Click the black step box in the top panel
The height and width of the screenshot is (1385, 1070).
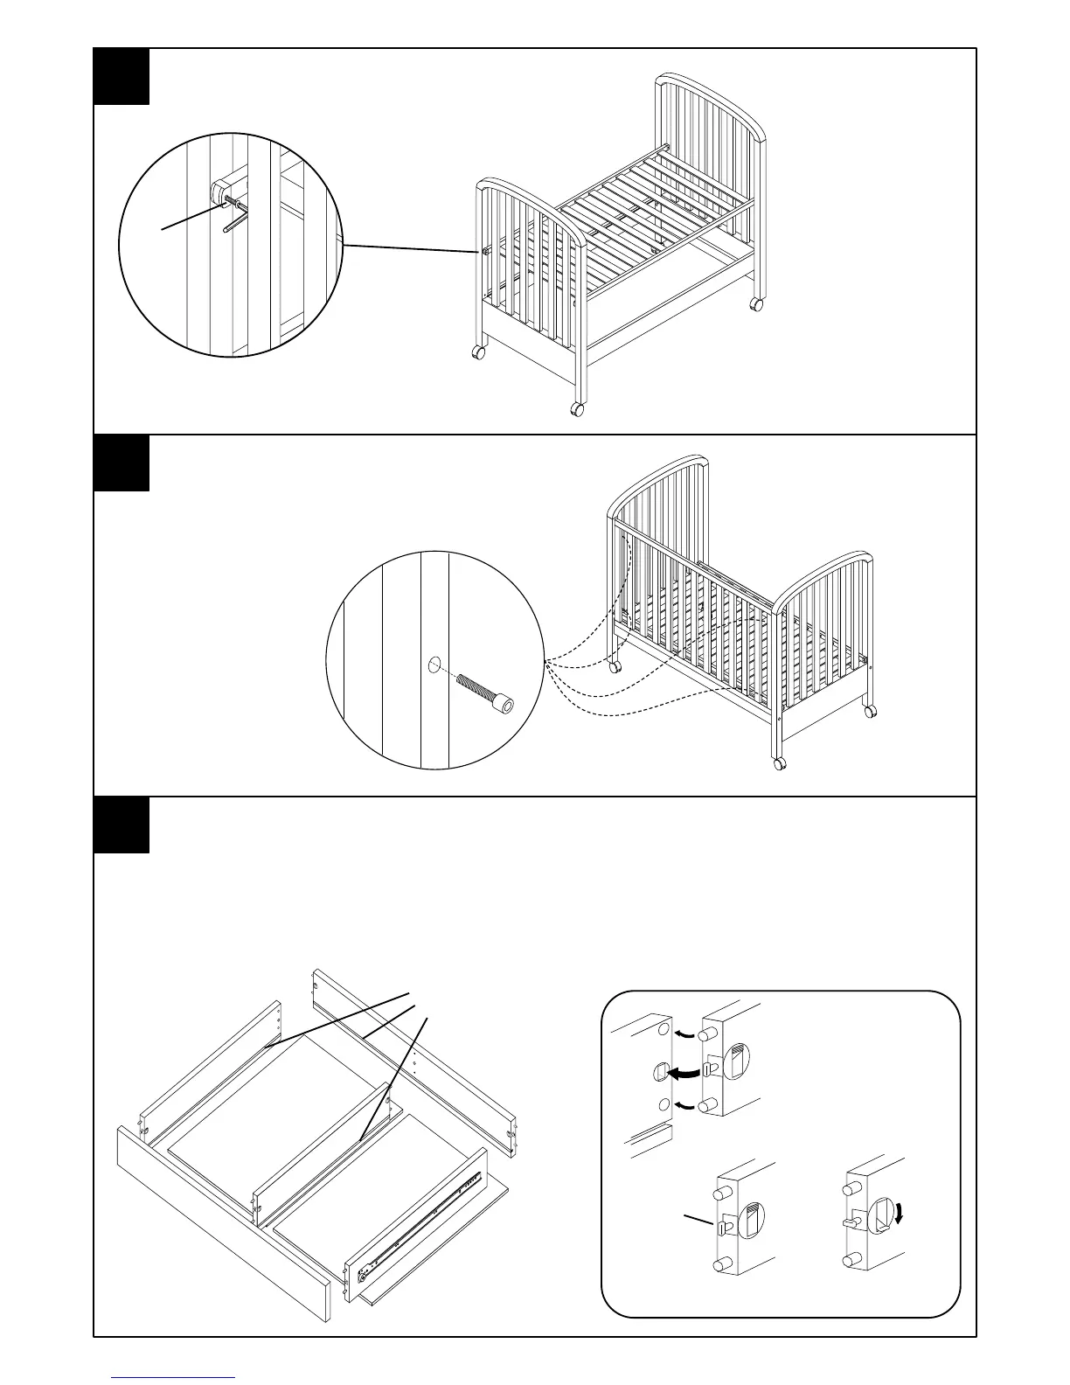coord(122,77)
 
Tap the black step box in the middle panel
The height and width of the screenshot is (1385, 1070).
coord(122,463)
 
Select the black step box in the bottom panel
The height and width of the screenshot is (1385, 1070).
coord(122,825)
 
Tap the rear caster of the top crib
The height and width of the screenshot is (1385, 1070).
coord(755,304)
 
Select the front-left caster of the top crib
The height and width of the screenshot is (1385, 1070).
coord(479,353)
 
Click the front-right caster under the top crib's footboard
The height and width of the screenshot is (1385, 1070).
coord(577,408)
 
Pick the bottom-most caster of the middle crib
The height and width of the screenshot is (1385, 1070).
coord(779,763)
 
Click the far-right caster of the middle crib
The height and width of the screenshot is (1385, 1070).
coord(870,713)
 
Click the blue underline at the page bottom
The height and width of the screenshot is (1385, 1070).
coord(173,1377)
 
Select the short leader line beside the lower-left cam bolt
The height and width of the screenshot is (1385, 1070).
coord(698,1221)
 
